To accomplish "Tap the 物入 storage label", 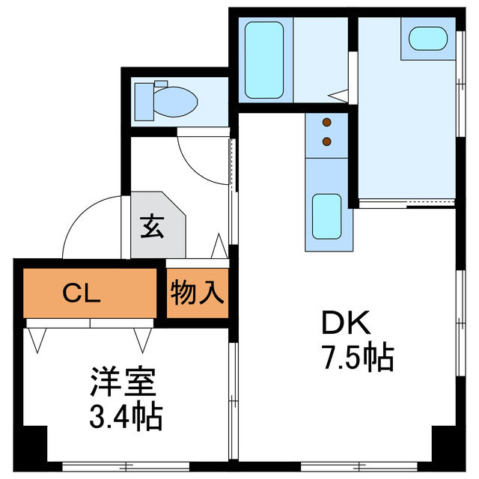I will (198, 292).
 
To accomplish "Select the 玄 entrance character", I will (152, 227).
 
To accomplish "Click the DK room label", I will (347, 323).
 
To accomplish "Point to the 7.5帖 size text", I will (358, 359).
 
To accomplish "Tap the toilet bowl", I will (178, 101).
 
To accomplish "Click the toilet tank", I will (142, 101).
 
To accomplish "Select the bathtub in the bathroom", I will (264, 59).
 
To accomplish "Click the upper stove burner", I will (326, 123).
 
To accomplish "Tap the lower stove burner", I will (326, 141).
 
